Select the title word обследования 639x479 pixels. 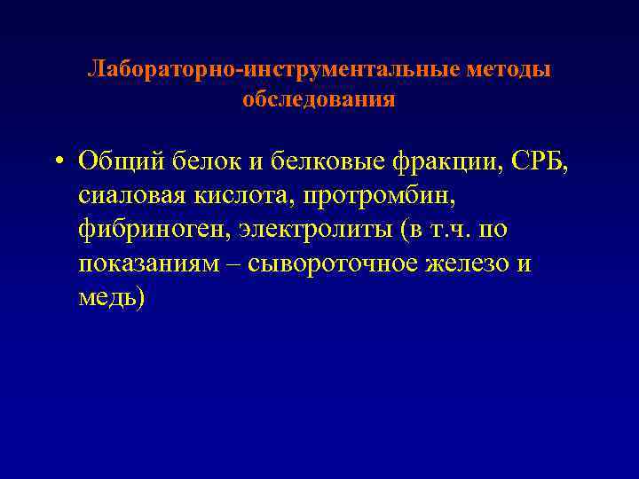pyautogui.click(x=319, y=99)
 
